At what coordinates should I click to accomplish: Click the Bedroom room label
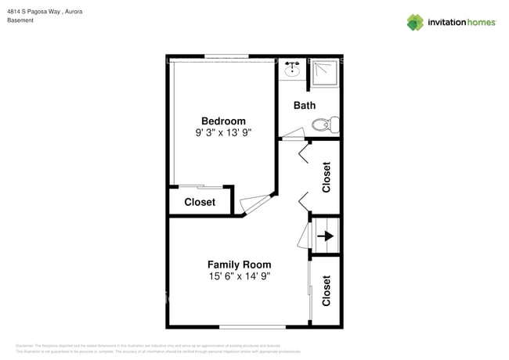pyautogui.click(x=223, y=121)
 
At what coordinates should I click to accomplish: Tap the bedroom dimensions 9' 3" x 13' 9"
pyautogui.click(x=223, y=133)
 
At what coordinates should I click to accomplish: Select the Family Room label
pyautogui.click(x=239, y=265)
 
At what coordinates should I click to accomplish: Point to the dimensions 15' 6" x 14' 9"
pyautogui.click(x=239, y=276)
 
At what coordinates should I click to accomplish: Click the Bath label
pyautogui.click(x=304, y=105)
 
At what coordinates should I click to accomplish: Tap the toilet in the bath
pyautogui.click(x=324, y=124)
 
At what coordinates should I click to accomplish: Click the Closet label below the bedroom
pyautogui.click(x=200, y=202)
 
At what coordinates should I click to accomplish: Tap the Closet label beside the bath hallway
pyautogui.click(x=327, y=177)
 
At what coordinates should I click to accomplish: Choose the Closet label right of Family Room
pyautogui.click(x=327, y=290)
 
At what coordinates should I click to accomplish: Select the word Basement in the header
pyautogui.click(x=20, y=21)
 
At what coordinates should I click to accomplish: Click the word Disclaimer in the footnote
pyautogui.click(x=25, y=346)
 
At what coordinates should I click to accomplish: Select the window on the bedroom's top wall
pyautogui.click(x=228, y=57)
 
